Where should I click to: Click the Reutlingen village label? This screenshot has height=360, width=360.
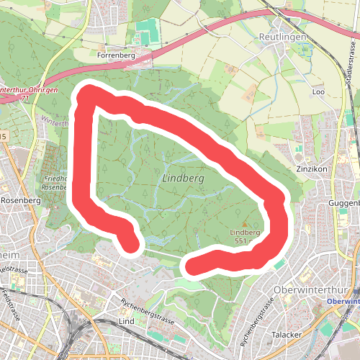click(x=282, y=37)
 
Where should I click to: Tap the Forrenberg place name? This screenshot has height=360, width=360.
click(x=116, y=53)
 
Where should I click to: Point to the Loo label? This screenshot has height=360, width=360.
click(x=319, y=92)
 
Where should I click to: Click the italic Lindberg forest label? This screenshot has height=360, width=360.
click(x=184, y=177)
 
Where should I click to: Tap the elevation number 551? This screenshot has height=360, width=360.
click(x=241, y=241)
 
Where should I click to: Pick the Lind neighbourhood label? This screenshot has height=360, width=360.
click(x=126, y=320)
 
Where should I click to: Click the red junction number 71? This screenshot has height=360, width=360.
click(x=25, y=98)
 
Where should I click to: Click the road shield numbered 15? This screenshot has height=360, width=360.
click(x=3, y=135)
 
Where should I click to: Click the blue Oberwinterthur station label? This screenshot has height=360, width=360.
click(x=344, y=301)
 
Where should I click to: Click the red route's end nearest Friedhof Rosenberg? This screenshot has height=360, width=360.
click(x=132, y=246)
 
